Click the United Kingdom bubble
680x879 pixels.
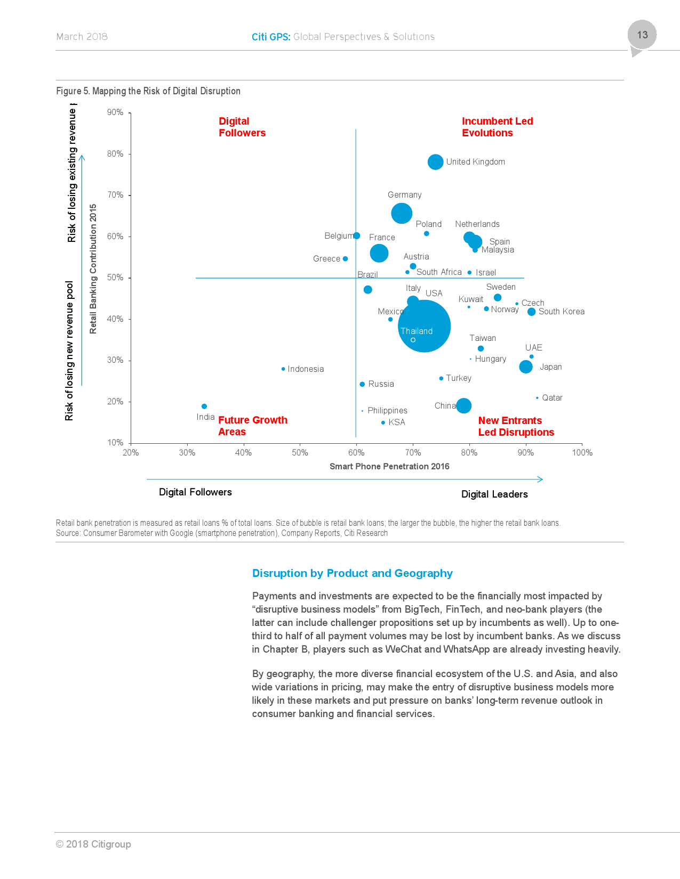tap(435, 162)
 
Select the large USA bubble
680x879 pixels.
tap(425, 325)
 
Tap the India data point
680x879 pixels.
tap(204, 406)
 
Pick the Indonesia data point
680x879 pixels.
tap(283, 369)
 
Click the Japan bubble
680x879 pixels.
tap(526, 367)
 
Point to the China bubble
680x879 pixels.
tap(463, 405)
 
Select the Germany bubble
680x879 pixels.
tap(402, 213)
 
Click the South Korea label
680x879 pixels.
tap(561, 312)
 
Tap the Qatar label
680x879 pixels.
tap(552, 398)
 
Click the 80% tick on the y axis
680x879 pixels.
tap(115, 154)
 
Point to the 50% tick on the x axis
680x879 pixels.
tap(300, 453)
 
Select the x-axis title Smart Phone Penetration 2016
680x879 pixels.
tap(389, 467)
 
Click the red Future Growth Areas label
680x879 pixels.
tap(252, 426)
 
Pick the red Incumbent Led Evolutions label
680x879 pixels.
tap(497, 127)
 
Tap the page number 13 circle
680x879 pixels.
tap(642, 35)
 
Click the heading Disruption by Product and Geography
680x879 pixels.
tap(352, 573)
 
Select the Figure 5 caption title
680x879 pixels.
tap(148, 91)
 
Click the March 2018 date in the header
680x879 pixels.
tap(82, 37)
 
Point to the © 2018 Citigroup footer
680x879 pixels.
tap(93, 844)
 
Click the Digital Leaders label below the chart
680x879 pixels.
tap(494, 494)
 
